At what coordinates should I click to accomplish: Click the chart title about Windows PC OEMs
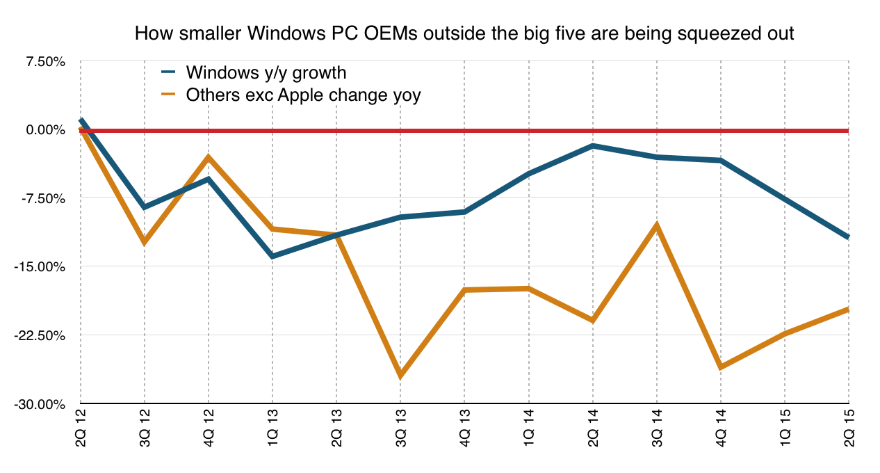[x=464, y=33]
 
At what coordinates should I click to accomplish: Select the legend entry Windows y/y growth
[x=266, y=72]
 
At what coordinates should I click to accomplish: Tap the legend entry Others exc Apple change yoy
[x=303, y=95]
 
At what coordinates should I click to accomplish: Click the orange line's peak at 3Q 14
[x=657, y=225]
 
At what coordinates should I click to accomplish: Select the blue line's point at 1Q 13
[x=272, y=257]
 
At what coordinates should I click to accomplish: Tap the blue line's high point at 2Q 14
[x=593, y=145]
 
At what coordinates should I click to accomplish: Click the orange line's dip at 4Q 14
[x=721, y=367]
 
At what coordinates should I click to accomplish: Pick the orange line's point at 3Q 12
[x=145, y=242]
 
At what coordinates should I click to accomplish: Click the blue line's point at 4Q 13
[x=465, y=211]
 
